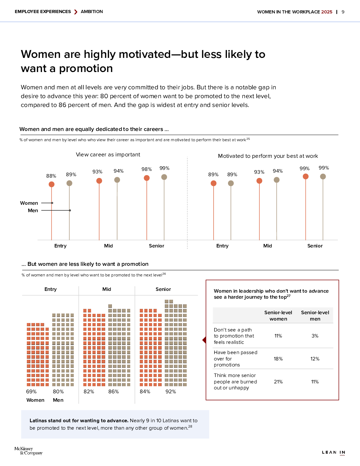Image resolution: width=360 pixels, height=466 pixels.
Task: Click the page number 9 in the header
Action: [343, 12]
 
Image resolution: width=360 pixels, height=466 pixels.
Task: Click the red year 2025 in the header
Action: [326, 12]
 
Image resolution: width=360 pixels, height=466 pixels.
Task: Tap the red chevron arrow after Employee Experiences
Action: [76, 12]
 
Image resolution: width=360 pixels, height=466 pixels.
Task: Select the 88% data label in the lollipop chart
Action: [51, 176]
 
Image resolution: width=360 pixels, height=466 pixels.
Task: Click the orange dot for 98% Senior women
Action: [147, 178]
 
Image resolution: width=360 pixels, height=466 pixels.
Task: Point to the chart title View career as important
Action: [108, 155]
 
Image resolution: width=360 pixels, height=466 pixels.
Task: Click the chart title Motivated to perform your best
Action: [268, 156]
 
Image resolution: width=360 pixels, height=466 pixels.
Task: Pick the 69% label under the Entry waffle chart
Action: [31, 392]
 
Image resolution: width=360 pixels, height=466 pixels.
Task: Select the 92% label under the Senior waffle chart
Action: [171, 392]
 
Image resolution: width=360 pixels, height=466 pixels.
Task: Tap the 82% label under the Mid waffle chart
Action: [89, 392]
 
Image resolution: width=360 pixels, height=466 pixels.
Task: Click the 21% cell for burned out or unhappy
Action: [278, 382]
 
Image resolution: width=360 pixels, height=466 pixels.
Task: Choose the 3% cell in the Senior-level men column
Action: [315, 336]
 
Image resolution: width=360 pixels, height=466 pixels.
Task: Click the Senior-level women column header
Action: [278, 316]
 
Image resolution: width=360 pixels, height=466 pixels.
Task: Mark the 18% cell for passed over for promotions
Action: [278, 359]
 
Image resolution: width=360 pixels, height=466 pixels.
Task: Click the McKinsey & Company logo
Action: [28, 451]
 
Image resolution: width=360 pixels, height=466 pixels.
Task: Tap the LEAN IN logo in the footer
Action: [334, 452]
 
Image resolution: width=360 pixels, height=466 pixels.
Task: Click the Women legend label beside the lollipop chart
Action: [29, 203]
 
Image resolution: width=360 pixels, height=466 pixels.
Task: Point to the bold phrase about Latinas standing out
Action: [79, 420]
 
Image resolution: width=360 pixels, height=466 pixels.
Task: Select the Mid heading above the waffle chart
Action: [107, 289]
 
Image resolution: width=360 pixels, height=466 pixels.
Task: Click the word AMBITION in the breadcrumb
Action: [92, 12]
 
